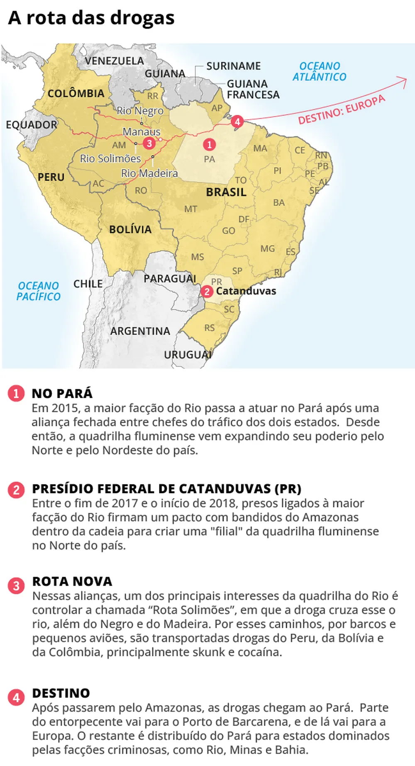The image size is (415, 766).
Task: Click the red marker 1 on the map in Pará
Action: (x=209, y=144)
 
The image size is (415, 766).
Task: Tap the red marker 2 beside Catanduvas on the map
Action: (x=207, y=292)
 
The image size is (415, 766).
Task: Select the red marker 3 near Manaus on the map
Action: (x=149, y=143)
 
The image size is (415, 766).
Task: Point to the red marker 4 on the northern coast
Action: (x=237, y=122)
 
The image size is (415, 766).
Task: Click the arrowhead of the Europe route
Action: (x=404, y=80)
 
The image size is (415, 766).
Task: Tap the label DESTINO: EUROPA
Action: (x=342, y=109)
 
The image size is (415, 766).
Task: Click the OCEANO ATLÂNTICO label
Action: (x=319, y=71)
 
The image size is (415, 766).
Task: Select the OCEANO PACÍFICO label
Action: (x=39, y=291)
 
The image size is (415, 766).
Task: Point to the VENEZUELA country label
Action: (x=114, y=61)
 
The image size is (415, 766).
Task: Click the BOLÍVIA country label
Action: (x=130, y=229)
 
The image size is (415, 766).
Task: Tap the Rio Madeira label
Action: (x=149, y=173)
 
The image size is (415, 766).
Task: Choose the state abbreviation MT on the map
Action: (x=190, y=209)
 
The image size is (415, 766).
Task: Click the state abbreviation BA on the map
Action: (x=279, y=202)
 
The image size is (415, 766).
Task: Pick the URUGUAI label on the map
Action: (x=188, y=355)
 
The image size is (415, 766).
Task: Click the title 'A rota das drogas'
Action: (x=91, y=18)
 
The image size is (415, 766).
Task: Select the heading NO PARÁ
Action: (x=62, y=393)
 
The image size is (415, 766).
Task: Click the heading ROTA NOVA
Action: (x=72, y=581)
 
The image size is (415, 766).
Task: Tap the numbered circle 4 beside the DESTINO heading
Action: (x=16, y=698)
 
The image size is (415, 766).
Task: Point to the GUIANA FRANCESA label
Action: (x=253, y=89)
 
